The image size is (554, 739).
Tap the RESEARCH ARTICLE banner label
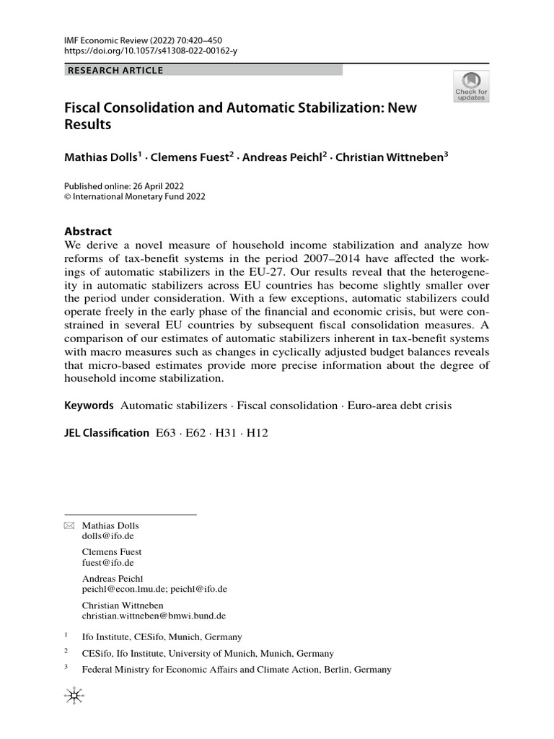point(115,70)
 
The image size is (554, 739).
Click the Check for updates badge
point(471,87)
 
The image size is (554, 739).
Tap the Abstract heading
point(88,232)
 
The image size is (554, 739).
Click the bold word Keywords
point(89,406)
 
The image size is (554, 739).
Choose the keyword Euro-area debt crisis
point(400,406)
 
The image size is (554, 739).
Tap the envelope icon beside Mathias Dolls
point(69,525)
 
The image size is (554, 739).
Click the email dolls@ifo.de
point(107,537)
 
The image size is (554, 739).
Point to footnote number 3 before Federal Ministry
point(66,668)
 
